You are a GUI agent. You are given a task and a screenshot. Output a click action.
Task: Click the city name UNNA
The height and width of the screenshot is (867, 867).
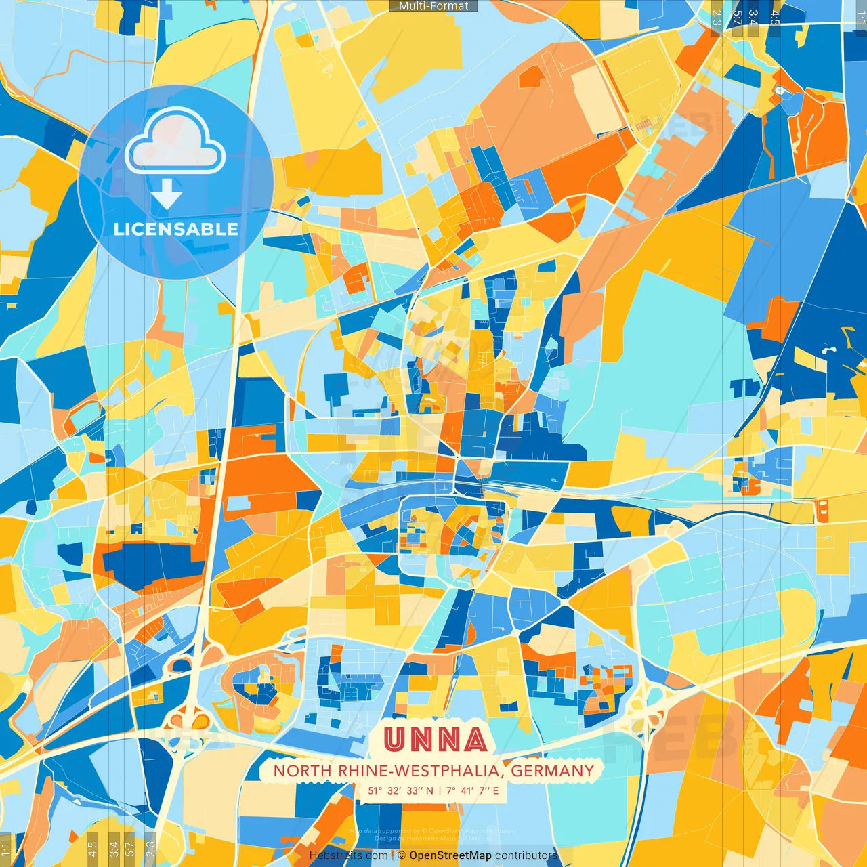(x=434, y=740)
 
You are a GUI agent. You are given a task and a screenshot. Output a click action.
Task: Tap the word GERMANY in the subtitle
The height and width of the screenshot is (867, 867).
(x=552, y=771)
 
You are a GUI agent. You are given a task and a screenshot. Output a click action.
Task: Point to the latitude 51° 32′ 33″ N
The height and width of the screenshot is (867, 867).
(x=400, y=790)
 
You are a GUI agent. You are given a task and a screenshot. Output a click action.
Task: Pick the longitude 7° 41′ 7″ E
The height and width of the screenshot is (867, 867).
(x=472, y=790)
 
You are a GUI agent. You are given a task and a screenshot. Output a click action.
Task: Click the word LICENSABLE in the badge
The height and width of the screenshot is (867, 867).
(x=175, y=229)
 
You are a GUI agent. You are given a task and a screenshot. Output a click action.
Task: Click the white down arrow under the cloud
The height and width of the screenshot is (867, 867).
(x=167, y=194)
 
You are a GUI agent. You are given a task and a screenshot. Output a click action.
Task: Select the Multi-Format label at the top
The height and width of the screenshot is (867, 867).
(x=433, y=6)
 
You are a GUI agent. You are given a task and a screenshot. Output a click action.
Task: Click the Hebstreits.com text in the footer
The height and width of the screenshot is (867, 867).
(x=348, y=855)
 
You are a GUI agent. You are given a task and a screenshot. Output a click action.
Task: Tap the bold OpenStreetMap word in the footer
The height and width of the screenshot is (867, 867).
(x=450, y=855)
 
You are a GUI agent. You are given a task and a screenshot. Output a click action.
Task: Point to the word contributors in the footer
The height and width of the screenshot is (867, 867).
(x=526, y=855)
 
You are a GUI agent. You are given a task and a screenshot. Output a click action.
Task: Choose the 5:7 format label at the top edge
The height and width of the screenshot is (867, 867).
(x=737, y=18)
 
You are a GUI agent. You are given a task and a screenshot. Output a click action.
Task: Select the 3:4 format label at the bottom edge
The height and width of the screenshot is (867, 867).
(x=113, y=848)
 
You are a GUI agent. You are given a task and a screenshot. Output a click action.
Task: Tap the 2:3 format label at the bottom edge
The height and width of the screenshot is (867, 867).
(x=151, y=848)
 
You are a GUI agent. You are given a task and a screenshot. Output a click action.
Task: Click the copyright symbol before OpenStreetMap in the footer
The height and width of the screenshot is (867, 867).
(x=402, y=855)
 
